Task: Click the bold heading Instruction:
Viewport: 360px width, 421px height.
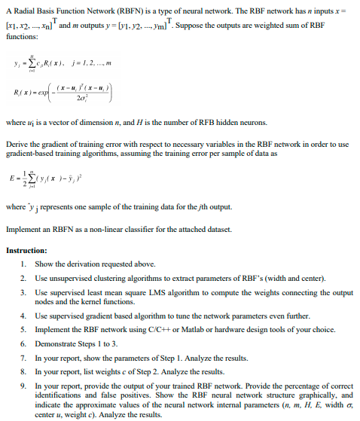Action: tap(26, 250)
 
